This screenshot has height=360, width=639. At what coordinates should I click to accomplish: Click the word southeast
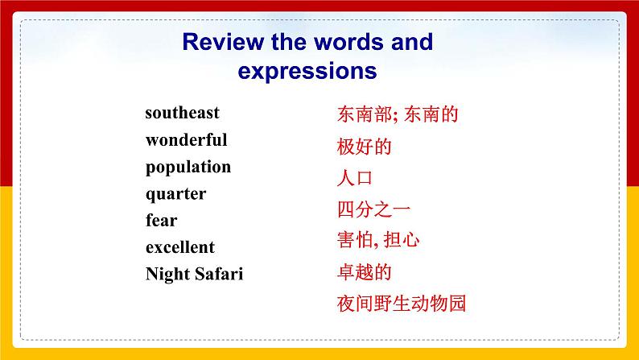click(x=182, y=113)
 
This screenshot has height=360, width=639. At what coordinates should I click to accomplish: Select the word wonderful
click(x=186, y=140)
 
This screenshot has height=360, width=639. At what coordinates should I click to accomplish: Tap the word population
click(x=188, y=168)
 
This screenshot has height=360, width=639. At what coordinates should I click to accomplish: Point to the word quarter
click(x=175, y=194)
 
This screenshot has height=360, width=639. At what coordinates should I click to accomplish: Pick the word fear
click(x=161, y=221)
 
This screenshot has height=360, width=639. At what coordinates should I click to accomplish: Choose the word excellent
click(x=180, y=247)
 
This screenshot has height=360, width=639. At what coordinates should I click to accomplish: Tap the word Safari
click(x=218, y=274)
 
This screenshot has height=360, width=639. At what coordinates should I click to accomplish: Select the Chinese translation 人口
click(x=355, y=178)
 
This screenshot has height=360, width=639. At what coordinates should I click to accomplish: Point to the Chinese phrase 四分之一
click(x=373, y=209)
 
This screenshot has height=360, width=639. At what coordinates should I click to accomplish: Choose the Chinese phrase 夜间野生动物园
click(x=402, y=304)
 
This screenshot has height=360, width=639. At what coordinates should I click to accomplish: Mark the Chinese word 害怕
click(x=355, y=241)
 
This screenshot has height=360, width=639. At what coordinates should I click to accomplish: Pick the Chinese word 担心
click(x=402, y=241)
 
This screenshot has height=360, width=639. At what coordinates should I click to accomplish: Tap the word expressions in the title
click(x=307, y=71)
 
